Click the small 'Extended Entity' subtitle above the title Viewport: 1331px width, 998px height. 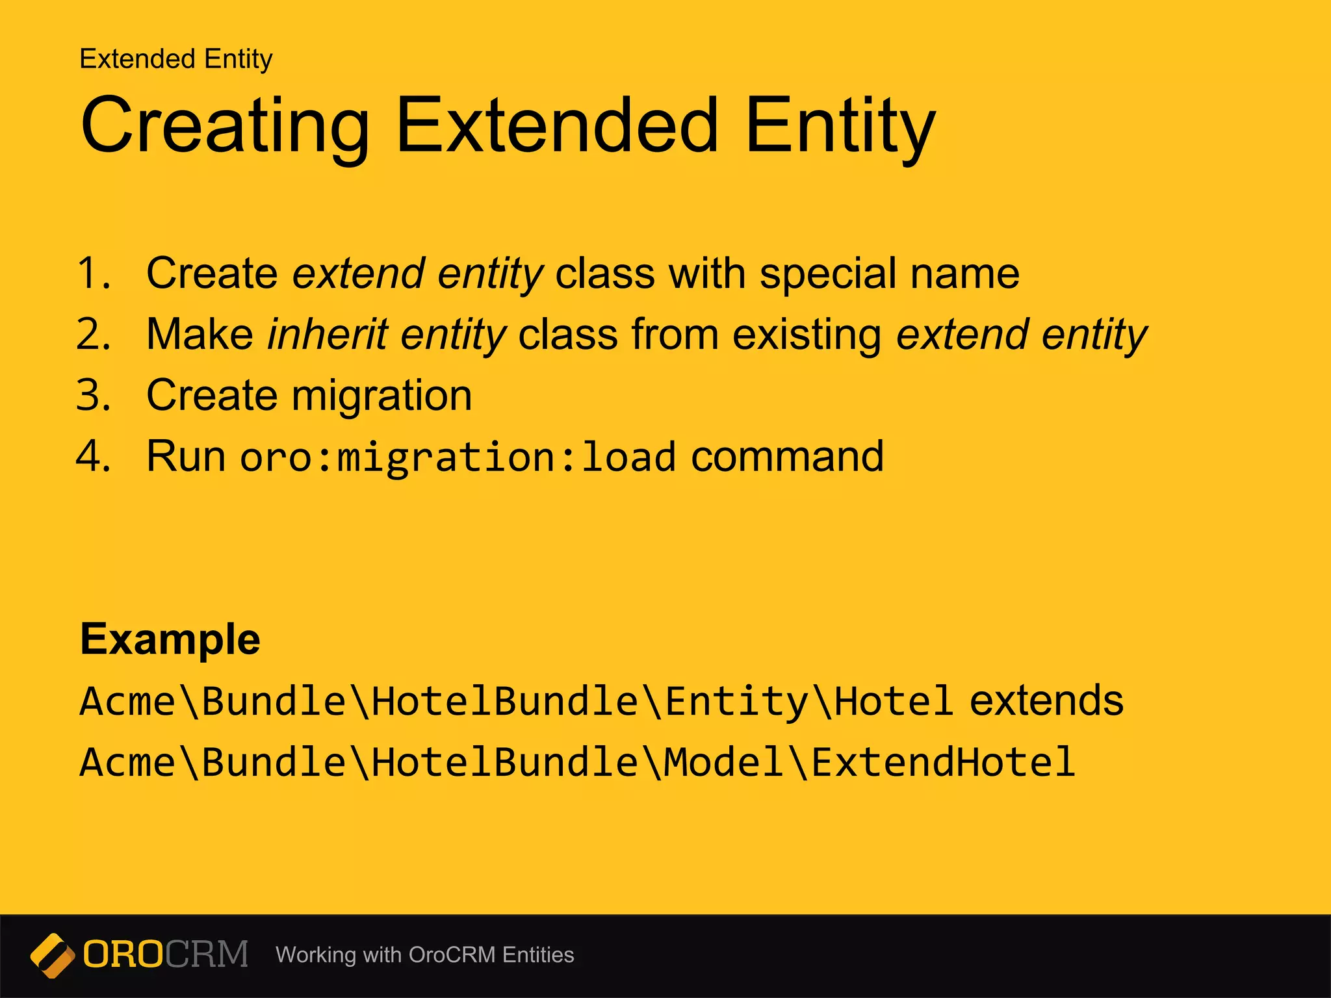(175, 59)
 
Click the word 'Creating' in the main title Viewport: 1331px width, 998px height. (224, 125)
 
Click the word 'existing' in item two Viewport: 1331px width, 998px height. (807, 336)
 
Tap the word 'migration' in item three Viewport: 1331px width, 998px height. (381, 396)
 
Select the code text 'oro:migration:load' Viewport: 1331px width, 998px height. (458, 457)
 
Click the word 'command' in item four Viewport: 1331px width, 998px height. (787, 456)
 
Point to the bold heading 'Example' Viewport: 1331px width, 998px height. (170, 640)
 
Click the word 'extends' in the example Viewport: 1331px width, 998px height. (1046, 701)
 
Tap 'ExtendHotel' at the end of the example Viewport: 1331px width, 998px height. (942, 762)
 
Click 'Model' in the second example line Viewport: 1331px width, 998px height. (723, 762)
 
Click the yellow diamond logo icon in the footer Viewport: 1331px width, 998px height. (52, 955)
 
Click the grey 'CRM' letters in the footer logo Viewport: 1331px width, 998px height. (207, 954)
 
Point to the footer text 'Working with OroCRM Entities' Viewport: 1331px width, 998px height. (424, 955)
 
